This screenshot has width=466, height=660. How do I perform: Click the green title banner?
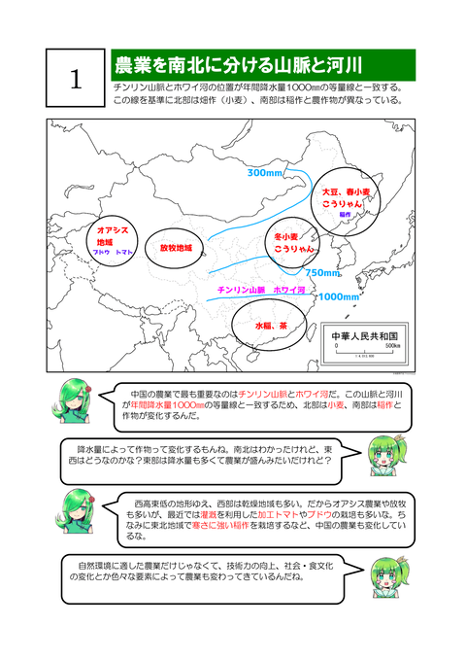(263, 65)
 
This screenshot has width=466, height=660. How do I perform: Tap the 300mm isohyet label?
(263, 173)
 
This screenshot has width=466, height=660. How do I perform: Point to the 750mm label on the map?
(323, 273)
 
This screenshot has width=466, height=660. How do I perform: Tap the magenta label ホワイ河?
(290, 290)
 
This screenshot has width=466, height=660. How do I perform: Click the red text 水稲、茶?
(271, 327)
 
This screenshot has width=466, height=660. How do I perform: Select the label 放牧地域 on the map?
(176, 247)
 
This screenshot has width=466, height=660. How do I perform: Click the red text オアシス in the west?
(114, 230)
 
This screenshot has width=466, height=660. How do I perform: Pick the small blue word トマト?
(124, 252)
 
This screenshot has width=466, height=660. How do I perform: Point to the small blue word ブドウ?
(101, 252)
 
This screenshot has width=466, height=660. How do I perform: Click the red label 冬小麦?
(289, 236)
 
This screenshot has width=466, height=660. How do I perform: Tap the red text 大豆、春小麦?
(347, 192)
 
